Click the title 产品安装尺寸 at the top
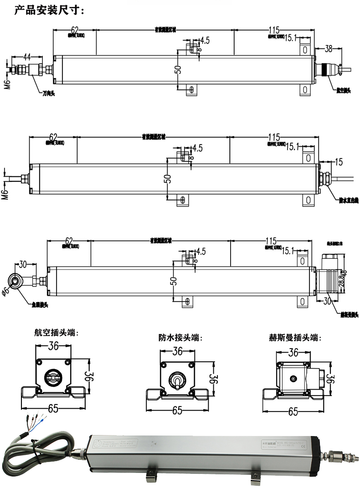coord(49,10)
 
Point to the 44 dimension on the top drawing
coord(27,57)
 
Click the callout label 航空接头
coord(343,90)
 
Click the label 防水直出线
coord(349,200)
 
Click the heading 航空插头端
coord(56,333)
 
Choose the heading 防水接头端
coord(180,338)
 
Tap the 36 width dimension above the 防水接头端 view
coord(177,351)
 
